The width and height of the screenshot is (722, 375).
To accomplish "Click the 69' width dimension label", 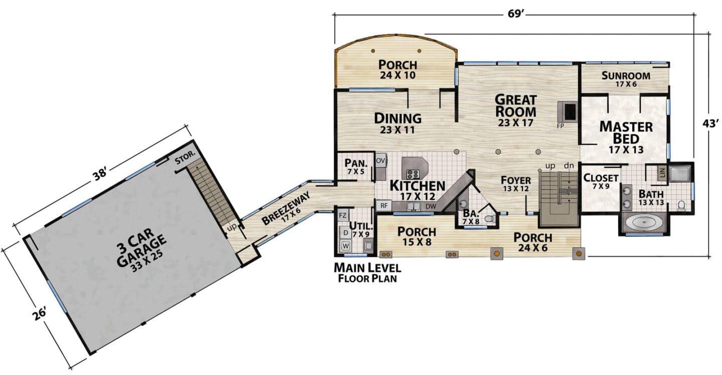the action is click(515, 14).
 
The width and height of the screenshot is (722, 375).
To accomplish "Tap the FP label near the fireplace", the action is click(561, 126).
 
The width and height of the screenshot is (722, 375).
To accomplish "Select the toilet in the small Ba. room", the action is click(490, 219).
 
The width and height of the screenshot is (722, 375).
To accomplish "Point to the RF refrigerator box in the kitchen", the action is click(384, 206).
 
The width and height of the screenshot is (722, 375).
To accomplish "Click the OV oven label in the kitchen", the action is click(381, 161).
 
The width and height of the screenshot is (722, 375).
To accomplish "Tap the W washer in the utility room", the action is click(345, 246).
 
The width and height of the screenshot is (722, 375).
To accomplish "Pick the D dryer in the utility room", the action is click(345, 232).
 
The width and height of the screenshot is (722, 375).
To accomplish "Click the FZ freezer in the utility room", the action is click(343, 215).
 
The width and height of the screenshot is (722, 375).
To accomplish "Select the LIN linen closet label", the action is click(662, 173).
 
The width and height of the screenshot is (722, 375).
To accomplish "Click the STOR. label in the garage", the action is click(186, 157).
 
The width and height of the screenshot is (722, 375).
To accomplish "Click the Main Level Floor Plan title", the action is click(368, 273).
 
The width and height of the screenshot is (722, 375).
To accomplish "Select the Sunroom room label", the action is click(626, 76).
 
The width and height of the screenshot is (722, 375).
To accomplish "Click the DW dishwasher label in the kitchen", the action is click(431, 206).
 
